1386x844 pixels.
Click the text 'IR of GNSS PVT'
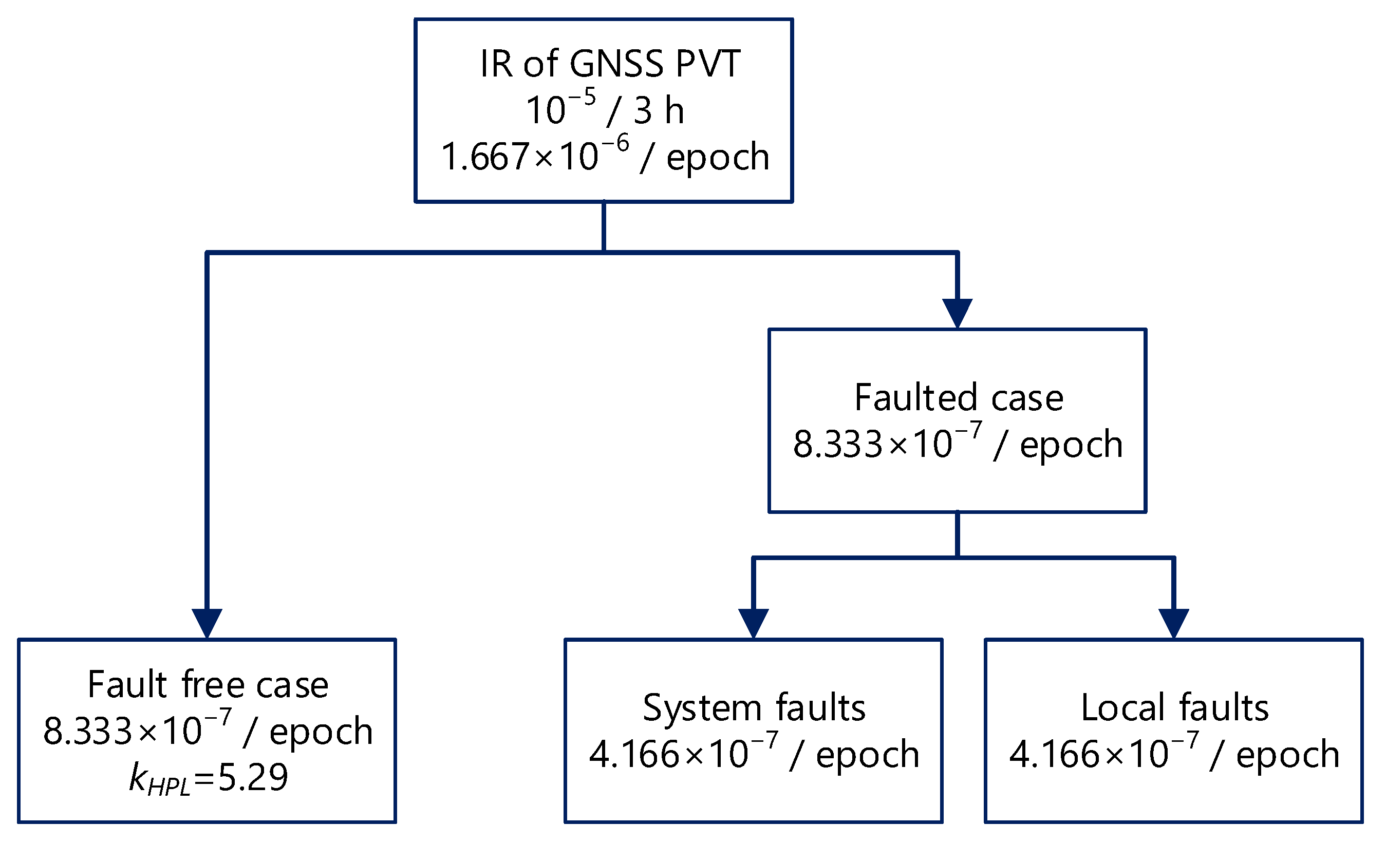coord(610,64)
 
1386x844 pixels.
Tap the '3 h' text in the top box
coord(659,110)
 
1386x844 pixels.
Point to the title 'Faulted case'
coord(959,397)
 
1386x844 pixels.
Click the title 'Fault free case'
coord(208,685)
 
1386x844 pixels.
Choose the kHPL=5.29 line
coord(208,778)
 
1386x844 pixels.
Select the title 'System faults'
coord(754,708)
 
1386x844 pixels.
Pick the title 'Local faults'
coord(1174,708)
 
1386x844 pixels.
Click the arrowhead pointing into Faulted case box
coord(958,313)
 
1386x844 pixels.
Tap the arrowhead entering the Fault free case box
coord(207,623)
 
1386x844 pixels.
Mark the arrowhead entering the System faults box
coord(753,623)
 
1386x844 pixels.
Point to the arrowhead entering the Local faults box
coord(1174,623)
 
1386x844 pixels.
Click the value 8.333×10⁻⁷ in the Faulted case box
coord(888,444)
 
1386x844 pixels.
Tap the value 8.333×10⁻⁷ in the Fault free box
coord(137,731)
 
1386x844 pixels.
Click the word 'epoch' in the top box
coord(718,158)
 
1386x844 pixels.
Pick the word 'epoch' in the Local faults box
coord(1287,755)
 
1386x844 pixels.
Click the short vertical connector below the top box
coord(604,226)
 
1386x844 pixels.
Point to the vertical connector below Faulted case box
coord(958,534)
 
